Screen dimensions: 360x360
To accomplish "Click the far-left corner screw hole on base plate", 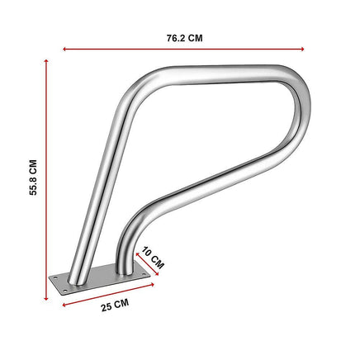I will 56,279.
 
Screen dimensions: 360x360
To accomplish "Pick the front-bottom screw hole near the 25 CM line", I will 69,290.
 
